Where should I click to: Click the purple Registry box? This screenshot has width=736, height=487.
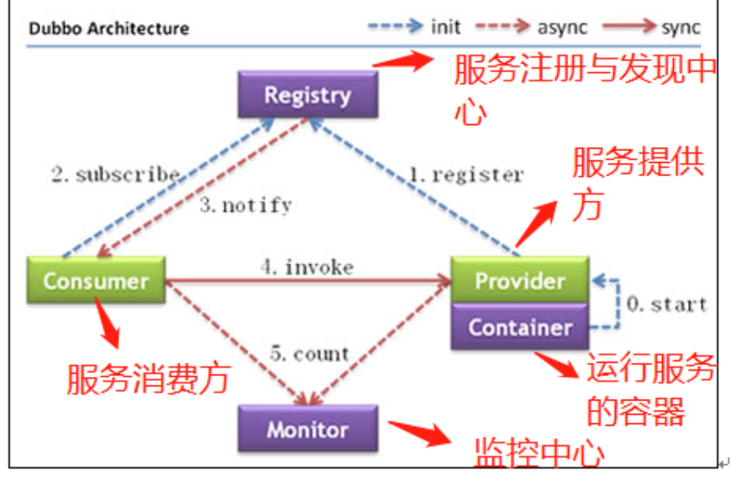[308, 94]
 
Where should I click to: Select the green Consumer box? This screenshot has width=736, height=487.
[95, 280]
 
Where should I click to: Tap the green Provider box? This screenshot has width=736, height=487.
[519, 280]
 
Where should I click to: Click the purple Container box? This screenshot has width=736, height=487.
[519, 327]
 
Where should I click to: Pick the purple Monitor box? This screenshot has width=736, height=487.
[308, 430]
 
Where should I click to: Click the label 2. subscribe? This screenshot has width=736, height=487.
[116, 175]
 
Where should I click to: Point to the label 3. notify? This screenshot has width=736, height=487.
[245, 205]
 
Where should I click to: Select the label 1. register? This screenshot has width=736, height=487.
[465, 175]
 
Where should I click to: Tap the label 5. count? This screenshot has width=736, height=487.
[309, 353]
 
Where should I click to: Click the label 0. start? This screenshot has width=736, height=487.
[667, 303]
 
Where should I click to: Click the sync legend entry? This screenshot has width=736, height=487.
[664, 26]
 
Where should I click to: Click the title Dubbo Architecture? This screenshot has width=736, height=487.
[108, 29]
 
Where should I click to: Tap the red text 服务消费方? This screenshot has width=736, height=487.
[148, 380]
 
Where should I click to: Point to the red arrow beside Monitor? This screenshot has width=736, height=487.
[418, 431]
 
